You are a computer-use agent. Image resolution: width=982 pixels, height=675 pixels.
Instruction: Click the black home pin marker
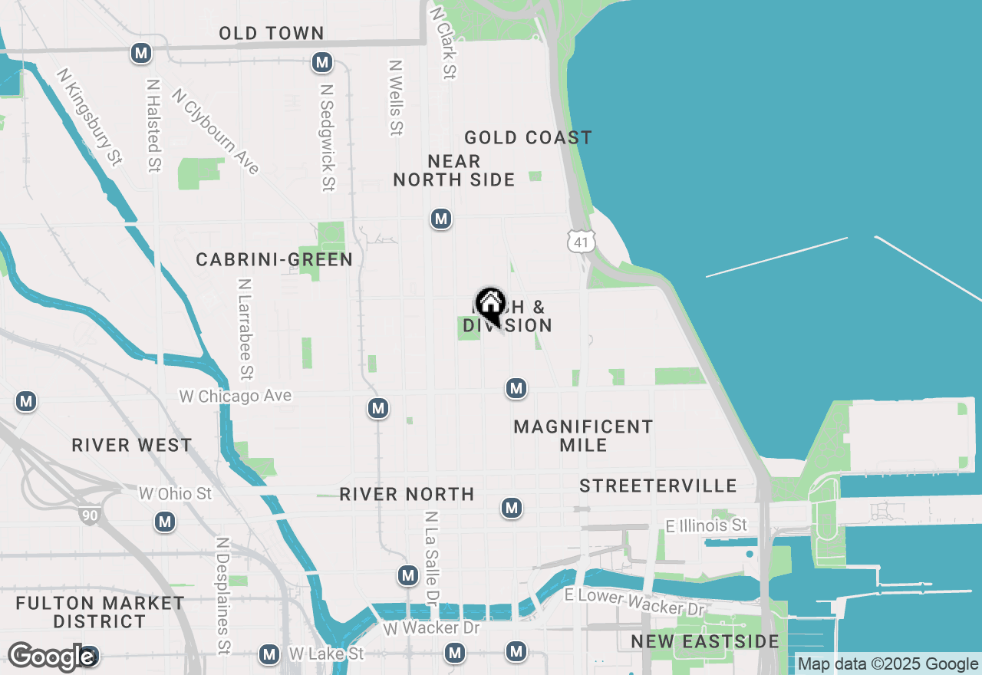click(x=490, y=305)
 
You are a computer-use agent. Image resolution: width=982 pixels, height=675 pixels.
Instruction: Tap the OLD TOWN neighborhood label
click(x=272, y=33)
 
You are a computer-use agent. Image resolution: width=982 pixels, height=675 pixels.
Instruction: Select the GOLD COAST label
click(x=528, y=137)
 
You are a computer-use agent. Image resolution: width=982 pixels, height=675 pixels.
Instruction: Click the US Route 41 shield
click(x=581, y=242)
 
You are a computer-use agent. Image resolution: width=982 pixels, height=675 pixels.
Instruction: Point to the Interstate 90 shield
click(x=90, y=515)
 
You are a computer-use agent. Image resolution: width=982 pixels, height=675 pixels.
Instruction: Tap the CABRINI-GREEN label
click(x=275, y=259)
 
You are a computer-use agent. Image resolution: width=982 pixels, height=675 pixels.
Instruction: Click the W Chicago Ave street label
click(x=236, y=396)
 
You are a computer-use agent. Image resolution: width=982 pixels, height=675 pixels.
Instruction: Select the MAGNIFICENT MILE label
click(x=583, y=436)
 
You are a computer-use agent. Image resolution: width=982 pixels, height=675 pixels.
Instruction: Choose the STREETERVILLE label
click(x=658, y=486)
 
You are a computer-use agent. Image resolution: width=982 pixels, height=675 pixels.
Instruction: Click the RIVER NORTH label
click(x=407, y=494)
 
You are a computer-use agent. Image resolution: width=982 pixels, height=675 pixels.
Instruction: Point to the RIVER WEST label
click(x=132, y=445)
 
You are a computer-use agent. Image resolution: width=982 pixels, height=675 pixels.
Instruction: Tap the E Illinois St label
click(x=706, y=525)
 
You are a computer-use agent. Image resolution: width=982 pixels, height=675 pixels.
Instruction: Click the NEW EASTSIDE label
click(x=704, y=641)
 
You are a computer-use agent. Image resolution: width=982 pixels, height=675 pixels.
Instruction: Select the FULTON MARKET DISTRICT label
click(x=100, y=612)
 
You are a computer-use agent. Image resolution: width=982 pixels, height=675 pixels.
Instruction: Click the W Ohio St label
click(x=175, y=493)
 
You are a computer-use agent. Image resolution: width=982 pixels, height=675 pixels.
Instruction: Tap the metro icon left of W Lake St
click(x=269, y=654)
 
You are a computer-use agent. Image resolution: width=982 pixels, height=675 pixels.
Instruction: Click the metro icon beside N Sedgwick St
click(x=322, y=63)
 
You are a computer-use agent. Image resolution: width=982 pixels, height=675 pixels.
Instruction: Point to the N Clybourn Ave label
click(x=216, y=131)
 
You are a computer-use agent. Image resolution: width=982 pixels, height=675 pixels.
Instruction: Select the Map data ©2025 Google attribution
click(x=888, y=664)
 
